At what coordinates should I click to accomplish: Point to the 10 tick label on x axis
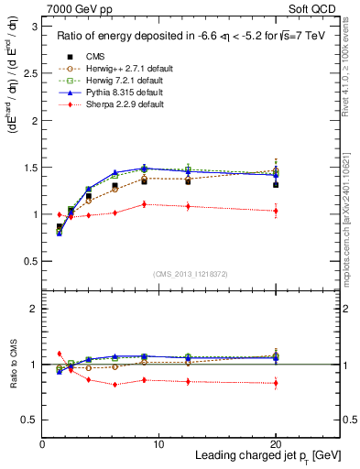point(158,443)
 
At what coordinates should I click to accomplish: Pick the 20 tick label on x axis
point(275,443)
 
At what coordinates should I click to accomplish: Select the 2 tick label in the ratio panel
point(35,310)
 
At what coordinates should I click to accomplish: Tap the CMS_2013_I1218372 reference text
point(191,273)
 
